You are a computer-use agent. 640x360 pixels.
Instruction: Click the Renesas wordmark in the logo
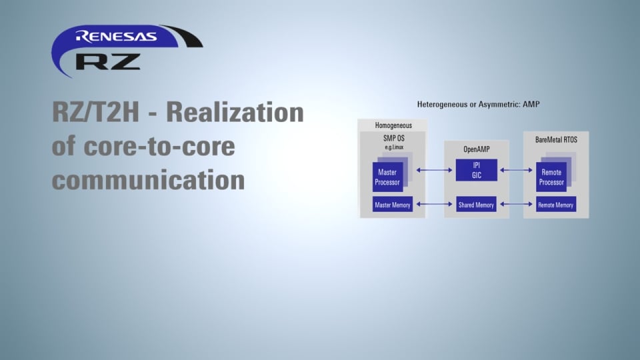pyautogui.click(x=116, y=36)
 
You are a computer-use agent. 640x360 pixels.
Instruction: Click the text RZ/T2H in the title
pyautogui.click(x=96, y=113)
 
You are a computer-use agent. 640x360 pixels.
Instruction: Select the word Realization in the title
pyautogui.click(x=235, y=113)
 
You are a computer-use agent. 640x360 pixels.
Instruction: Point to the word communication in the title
pyautogui.click(x=148, y=179)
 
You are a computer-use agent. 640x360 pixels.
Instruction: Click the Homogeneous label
pyautogui.click(x=393, y=125)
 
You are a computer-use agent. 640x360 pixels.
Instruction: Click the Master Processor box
pyautogui.click(x=387, y=177)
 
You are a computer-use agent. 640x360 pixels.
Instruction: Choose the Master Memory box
pyautogui.click(x=392, y=205)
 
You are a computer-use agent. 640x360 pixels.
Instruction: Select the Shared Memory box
pyautogui.click(x=476, y=205)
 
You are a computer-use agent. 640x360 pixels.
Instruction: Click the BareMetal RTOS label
pyautogui.click(x=556, y=139)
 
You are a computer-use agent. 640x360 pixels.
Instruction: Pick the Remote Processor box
pyautogui.click(x=551, y=177)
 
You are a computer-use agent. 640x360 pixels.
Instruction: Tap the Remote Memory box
pyautogui.click(x=556, y=205)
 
